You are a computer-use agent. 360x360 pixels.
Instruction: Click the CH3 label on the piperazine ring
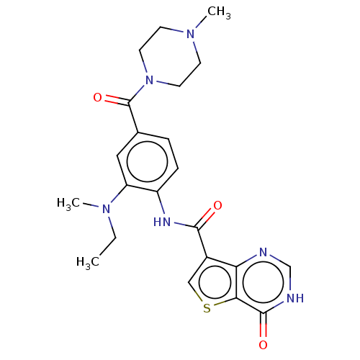pyautogui.click(x=219, y=13)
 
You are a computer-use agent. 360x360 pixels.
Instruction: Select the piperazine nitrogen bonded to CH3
pyautogui.click(x=191, y=34)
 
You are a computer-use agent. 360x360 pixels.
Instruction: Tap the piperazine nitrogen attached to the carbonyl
pyautogui.click(x=149, y=80)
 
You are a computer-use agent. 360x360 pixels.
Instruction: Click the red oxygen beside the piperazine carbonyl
pyautogui.click(x=97, y=97)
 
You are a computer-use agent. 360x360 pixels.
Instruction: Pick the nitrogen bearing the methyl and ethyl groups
pyautogui.click(x=106, y=209)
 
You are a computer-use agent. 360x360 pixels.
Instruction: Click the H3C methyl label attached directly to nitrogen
pyautogui.click(x=68, y=204)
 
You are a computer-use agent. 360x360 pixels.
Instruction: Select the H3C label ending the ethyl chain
pyautogui.click(x=88, y=262)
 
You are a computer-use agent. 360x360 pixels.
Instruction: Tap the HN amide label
pyautogui.click(x=162, y=222)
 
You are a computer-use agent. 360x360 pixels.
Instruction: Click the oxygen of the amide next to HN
pyautogui.click(x=217, y=205)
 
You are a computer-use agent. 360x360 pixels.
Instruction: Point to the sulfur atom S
pyautogui.click(x=207, y=308)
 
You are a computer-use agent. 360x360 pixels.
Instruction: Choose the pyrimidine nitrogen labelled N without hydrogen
pyautogui.click(x=264, y=252)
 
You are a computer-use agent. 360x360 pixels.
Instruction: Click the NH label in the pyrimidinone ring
pyautogui.click(x=295, y=298)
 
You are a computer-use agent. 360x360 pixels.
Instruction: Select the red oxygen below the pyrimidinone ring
pyautogui.click(x=263, y=345)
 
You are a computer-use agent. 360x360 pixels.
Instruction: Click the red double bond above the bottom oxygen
pyautogui.click(x=264, y=325)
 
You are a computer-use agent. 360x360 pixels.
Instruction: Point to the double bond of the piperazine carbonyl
pyautogui.click(x=117, y=100)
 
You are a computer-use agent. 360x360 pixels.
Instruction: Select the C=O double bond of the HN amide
pyautogui.click(x=205, y=218)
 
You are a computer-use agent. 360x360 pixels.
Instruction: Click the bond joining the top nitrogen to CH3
pyautogui.click(x=201, y=22)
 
